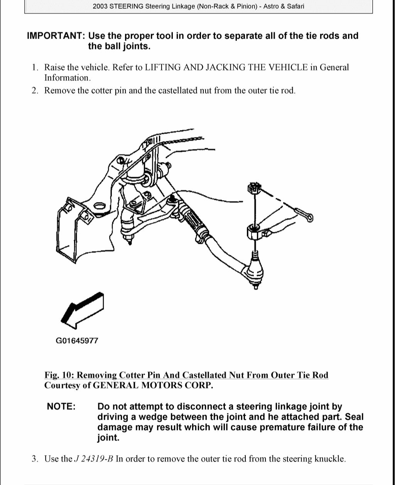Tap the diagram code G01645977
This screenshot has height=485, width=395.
(x=77, y=341)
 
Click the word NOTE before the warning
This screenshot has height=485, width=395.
(x=61, y=407)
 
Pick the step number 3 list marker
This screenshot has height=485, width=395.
(x=35, y=459)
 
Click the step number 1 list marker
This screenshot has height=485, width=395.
(x=35, y=68)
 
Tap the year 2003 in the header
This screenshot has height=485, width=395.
(x=101, y=7)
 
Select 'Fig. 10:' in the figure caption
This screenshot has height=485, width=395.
(x=60, y=375)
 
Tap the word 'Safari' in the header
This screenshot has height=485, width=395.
(x=294, y=7)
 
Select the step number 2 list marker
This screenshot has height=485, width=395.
(x=35, y=91)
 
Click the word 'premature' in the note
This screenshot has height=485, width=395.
(x=284, y=428)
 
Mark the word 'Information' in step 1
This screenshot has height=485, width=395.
(x=67, y=78)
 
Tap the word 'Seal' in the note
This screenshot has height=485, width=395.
(x=354, y=417)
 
